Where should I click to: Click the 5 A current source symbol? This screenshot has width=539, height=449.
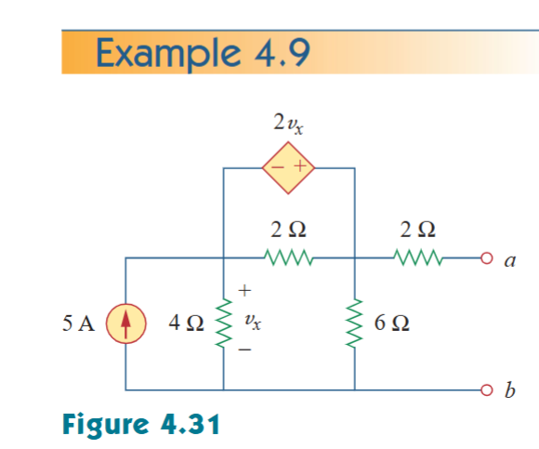(125, 324)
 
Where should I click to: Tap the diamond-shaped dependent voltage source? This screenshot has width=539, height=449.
(289, 168)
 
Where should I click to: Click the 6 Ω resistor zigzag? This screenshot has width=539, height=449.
(355, 324)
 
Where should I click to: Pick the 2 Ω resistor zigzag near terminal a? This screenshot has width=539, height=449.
(414, 257)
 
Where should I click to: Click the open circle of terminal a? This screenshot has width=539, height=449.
(485, 258)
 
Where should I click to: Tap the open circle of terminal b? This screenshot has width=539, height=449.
(485, 390)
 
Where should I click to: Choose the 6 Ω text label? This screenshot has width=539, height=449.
(393, 324)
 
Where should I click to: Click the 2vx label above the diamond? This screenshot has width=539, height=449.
(288, 124)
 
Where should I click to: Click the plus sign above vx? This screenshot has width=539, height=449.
(245, 292)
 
